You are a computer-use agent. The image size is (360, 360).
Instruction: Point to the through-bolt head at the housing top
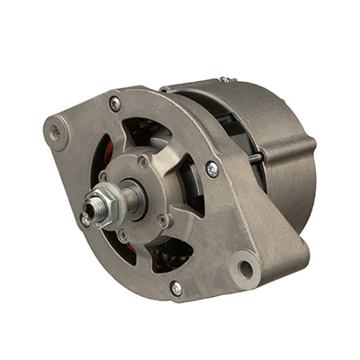point(114,104)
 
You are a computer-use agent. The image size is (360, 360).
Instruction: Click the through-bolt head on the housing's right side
point(212,168)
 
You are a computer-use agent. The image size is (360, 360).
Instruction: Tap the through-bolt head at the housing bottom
point(175,288)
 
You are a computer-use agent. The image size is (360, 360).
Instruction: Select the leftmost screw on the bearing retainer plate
point(105,177)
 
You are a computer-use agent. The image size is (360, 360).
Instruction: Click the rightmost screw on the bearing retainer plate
point(162,219)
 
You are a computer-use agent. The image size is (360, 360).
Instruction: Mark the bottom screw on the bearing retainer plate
point(122,236)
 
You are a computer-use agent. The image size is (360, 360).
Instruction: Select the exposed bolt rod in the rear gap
point(256,157)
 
